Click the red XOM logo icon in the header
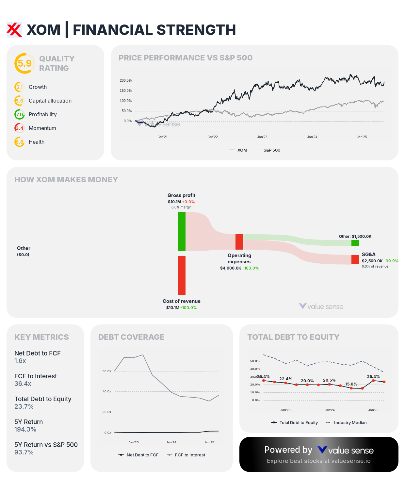coord(14,30)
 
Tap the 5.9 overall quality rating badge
coord(24,63)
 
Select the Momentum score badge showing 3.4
coord(20,128)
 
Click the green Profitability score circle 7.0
coord(20,114)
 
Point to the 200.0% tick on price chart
coord(126,80)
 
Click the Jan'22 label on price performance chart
coord(213,137)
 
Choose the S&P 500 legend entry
coord(268,150)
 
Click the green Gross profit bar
coord(182,231)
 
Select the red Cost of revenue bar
coord(182,275)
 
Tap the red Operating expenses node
coord(239,242)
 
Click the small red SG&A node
coord(355,259)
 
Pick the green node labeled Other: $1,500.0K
coord(355,243)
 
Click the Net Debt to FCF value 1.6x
coord(20,361)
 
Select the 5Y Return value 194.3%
coord(25,429)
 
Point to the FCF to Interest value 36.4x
coord(23,384)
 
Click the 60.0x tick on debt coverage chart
coord(107,371)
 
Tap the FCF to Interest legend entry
coord(186,455)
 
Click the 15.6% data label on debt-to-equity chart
coord(351,384)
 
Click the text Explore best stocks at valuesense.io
coord(319,461)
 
